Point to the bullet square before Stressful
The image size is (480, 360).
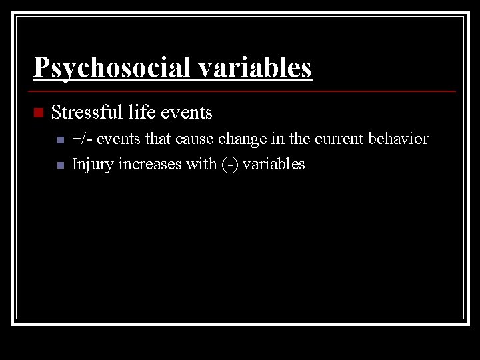(x=37, y=113)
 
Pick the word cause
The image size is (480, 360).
(x=193, y=139)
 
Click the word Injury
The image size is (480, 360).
(x=93, y=164)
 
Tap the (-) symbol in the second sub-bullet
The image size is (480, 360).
(x=229, y=164)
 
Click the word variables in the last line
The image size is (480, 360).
(x=274, y=164)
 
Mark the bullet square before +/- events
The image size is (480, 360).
(x=60, y=141)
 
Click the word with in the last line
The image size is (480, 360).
(x=201, y=164)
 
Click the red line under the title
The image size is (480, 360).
(x=244, y=91)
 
